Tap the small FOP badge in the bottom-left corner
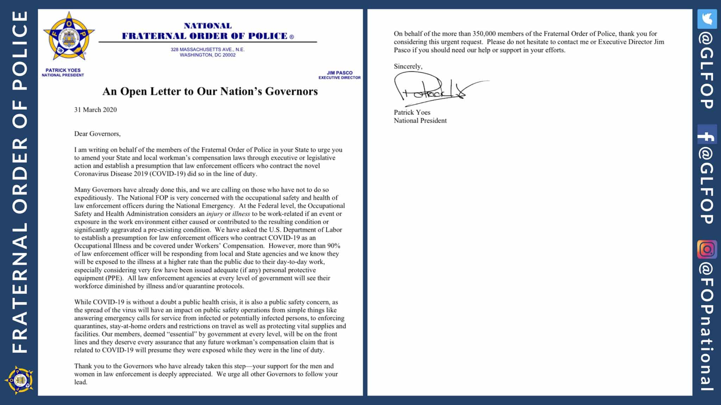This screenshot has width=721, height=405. pyautogui.click(x=19, y=380)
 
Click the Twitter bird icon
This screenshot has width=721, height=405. pyautogui.click(x=707, y=19)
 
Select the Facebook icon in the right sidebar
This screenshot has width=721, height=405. pyautogui.click(x=707, y=134)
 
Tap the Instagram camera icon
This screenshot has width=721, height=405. pyautogui.click(x=707, y=249)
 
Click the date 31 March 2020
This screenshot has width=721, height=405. pyautogui.click(x=95, y=110)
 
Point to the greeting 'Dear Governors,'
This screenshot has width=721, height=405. pyautogui.click(x=97, y=134)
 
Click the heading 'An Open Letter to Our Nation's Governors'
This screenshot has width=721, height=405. pyautogui.click(x=210, y=91)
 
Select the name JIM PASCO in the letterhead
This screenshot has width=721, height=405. pyautogui.click(x=339, y=73)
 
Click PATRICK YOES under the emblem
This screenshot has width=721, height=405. pyautogui.click(x=63, y=70)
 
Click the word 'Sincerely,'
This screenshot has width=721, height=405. pyautogui.click(x=408, y=66)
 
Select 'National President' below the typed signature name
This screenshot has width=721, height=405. pyautogui.click(x=420, y=121)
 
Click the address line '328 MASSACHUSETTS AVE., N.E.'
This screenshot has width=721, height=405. pyautogui.click(x=207, y=50)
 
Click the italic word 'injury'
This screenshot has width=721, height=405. pyautogui.click(x=214, y=214)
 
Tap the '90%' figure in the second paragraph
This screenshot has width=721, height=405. pyautogui.click(x=333, y=246)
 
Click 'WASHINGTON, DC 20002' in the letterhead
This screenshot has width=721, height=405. pyautogui.click(x=207, y=55)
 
